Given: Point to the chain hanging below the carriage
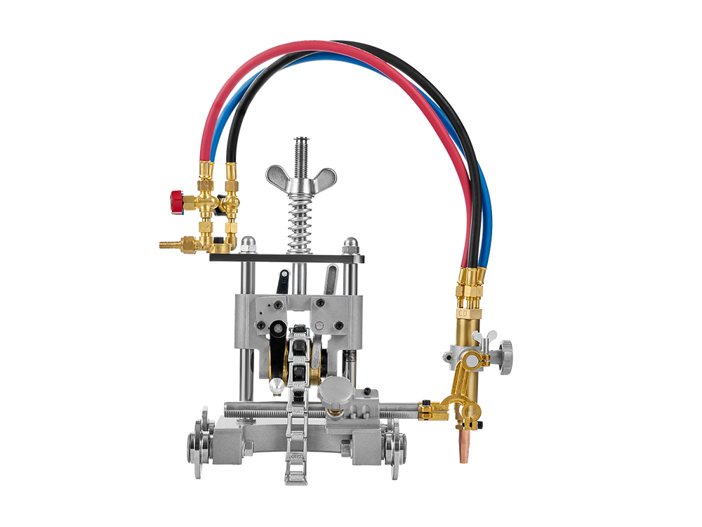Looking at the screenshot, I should click(x=295, y=457).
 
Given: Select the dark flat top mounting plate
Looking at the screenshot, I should click(x=288, y=259).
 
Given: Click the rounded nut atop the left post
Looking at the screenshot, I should click(x=249, y=244).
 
